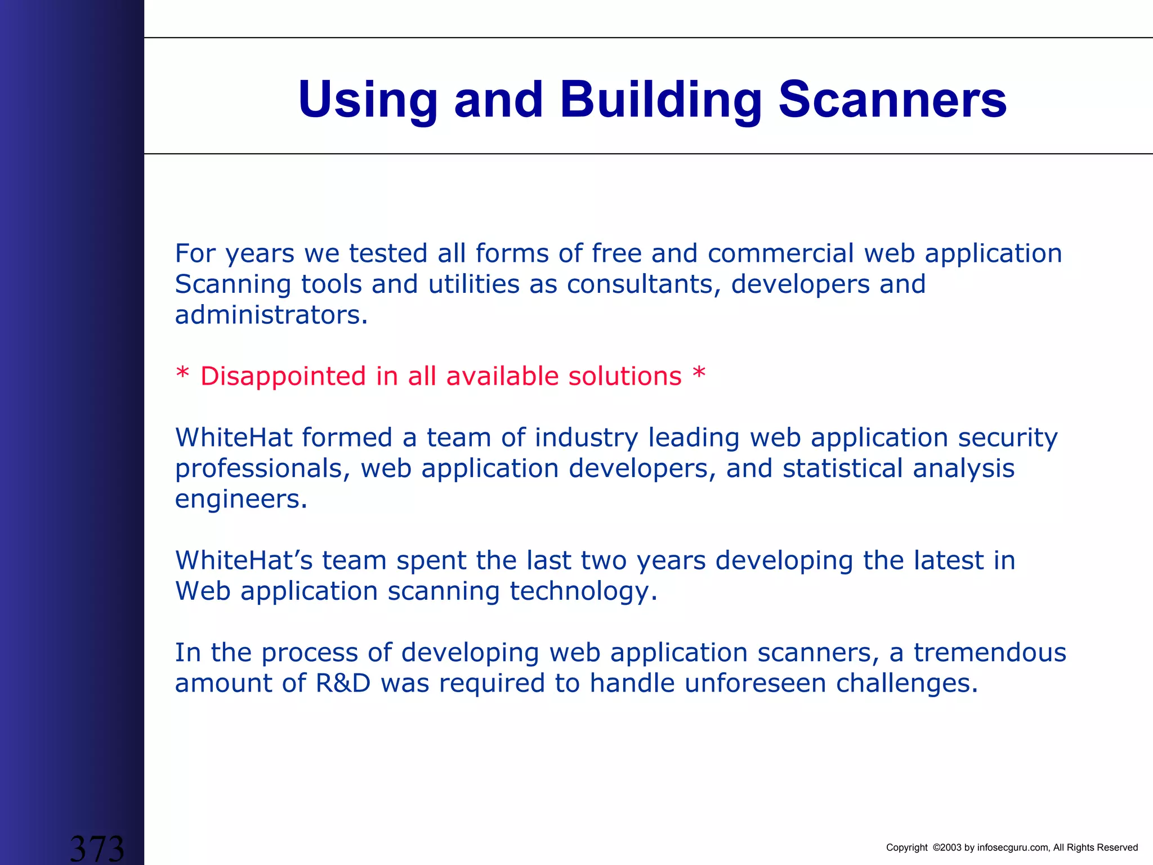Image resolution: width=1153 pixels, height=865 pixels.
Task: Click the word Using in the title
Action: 368,100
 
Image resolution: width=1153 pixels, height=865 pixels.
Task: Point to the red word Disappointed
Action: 283,376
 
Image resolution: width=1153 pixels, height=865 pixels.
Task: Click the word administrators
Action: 271,315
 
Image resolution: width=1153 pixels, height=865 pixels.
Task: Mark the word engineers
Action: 241,500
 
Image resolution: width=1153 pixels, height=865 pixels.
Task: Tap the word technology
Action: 583,591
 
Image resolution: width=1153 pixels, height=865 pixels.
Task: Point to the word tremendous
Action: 989,653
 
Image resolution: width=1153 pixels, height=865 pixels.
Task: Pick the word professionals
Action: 262,469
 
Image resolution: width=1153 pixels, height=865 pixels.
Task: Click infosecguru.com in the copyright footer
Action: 1013,848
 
